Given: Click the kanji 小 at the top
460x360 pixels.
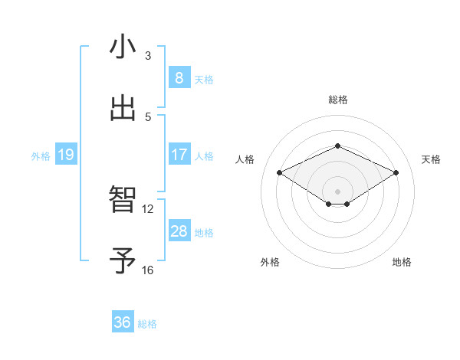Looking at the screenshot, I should coord(123,47).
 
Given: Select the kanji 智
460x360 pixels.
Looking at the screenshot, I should coord(123,201).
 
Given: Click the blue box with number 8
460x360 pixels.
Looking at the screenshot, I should coord(179,78).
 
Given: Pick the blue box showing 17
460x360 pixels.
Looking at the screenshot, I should coord(179,155).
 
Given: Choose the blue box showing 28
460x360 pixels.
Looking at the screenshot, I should coord(179,231).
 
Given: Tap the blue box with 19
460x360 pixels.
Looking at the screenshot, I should coord(65,155).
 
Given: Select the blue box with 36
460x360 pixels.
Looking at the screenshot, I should coord(122,322).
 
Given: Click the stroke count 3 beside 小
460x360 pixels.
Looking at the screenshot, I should coord(148,56).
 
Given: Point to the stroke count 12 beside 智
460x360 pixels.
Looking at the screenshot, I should coord(148,209).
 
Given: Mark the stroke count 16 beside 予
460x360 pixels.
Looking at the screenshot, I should coord(148,270).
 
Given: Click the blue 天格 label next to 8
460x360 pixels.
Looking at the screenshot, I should coord(204,79).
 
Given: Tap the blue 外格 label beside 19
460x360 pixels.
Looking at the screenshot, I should coord(41,156).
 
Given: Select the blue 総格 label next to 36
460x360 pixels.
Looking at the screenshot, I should coord(147,324).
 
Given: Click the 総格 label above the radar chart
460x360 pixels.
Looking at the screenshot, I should coord(337,100).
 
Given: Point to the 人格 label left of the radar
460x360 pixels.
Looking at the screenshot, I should coord(245,159).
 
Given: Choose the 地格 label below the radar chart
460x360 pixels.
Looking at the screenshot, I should coord(402,262).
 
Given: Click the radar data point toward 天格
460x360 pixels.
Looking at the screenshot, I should coord(396,173).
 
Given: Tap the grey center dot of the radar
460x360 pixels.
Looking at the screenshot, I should coord(337,191).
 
